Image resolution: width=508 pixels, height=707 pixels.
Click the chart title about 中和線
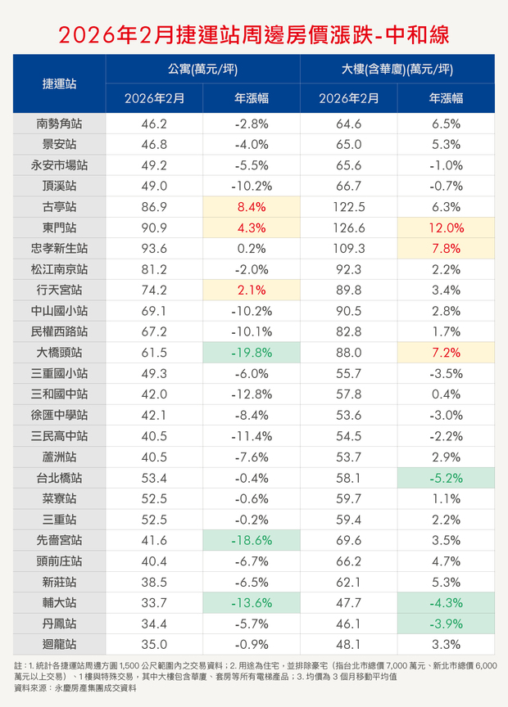click(253, 34)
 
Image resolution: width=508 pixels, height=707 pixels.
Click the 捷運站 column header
click(60, 83)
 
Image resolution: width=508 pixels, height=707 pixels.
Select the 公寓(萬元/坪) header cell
click(202, 69)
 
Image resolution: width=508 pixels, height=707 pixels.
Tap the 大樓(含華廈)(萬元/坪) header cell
click(397, 69)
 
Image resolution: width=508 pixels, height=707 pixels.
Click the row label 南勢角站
click(60, 124)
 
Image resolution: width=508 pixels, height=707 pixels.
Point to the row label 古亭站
click(60, 207)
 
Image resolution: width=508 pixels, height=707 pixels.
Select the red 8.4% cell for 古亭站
click(252, 207)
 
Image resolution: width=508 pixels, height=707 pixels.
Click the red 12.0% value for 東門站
click(446, 228)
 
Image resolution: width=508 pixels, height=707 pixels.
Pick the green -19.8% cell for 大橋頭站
click(252, 353)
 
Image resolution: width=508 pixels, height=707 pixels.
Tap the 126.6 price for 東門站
click(348, 228)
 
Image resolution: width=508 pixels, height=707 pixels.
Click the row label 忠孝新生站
click(60, 249)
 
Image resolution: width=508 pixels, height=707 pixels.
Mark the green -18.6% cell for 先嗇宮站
click(252, 540)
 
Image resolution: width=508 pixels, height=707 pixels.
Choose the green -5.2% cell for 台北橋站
click(446, 477)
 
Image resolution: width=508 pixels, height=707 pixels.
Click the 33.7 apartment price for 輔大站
click(154, 602)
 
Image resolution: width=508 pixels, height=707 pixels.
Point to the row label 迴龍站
click(60, 643)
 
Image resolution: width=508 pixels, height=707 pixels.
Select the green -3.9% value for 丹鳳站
click(446, 623)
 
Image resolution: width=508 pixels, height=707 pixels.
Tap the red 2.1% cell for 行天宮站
click(252, 290)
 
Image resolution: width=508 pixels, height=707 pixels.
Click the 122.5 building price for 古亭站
click(348, 207)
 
